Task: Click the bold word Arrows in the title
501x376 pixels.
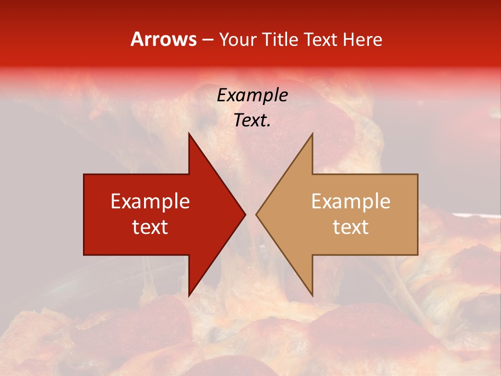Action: pyautogui.click(x=164, y=39)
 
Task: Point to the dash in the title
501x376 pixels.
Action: pyautogui.click(x=207, y=40)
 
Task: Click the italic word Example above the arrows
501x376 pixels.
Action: pyautogui.click(x=252, y=95)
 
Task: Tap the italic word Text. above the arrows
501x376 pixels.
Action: pyautogui.click(x=252, y=121)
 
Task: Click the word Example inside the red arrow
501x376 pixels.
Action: pyautogui.click(x=150, y=202)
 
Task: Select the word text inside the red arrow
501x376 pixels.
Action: pyautogui.click(x=150, y=227)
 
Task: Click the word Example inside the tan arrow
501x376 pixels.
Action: pyautogui.click(x=351, y=202)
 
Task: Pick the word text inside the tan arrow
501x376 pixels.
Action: pyautogui.click(x=351, y=227)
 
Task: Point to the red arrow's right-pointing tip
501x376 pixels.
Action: pyautogui.click(x=245, y=214)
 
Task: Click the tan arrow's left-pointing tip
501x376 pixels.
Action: pyautogui.click(x=256, y=214)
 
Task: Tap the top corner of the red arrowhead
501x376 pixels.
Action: pyautogui.click(x=189, y=134)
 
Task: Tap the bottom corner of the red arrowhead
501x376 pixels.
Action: pyautogui.click(x=189, y=296)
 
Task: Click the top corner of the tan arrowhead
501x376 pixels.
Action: pyautogui.click(x=312, y=134)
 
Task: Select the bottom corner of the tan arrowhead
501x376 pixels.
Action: pyautogui.click(x=312, y=296)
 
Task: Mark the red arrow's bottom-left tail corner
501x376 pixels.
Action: pyautogui.click(x=84, y=255)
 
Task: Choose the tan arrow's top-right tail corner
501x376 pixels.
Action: pyautogui.click(x=417, y=174)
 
